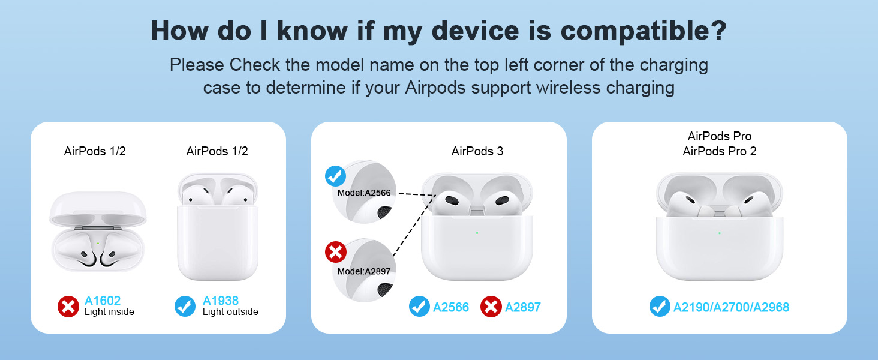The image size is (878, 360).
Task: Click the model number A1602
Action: point(103,301)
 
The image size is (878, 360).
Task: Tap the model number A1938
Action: point(221,301)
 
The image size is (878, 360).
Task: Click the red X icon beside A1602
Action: point(68,307)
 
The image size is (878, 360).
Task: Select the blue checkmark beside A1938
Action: point(185,307)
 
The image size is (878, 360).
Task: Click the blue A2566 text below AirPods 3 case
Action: point(451,307)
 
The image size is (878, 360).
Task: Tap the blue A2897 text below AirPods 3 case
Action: point(522,307)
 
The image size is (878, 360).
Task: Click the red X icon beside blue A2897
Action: point(491,307)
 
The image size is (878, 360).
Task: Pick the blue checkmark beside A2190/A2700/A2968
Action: point(660,307)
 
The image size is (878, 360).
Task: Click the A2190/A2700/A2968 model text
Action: point(731,307)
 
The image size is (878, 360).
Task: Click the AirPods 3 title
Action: point(477,152)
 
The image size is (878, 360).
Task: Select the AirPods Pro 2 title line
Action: point(720,152)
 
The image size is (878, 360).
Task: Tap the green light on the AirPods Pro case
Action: point(720,233)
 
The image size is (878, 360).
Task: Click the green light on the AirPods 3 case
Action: point(477,233)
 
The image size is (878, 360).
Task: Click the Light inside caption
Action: point(109,312)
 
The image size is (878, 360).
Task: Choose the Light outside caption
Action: point(230,312)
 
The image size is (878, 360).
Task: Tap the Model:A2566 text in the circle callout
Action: point(364,193)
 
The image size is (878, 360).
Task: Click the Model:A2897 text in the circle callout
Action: point(364,271)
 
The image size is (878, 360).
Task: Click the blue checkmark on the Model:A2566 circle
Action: point(335,176)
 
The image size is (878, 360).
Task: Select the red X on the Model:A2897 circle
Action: point(335,253)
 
